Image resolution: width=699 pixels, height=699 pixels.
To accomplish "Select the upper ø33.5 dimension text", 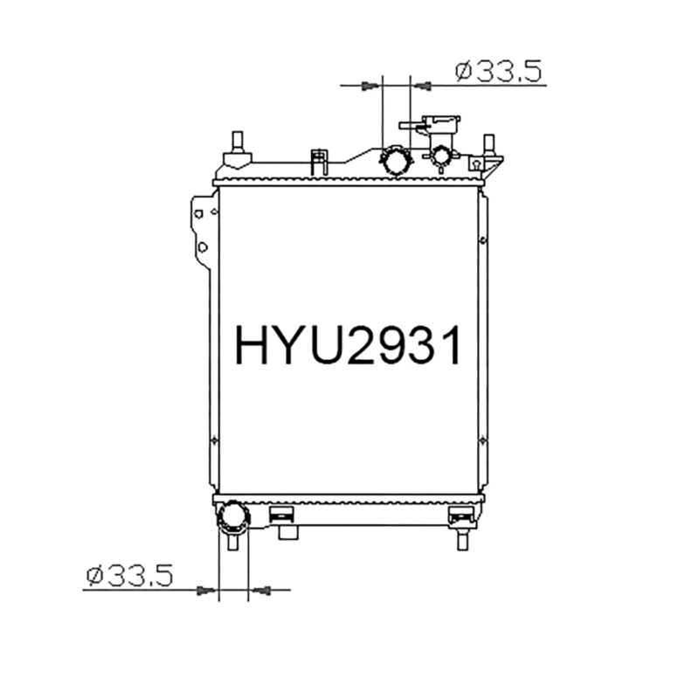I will [x=500, y=71].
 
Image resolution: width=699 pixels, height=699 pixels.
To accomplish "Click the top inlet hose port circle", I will [x=397, y=161].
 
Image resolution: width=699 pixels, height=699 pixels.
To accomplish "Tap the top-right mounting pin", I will [x=489, y=145].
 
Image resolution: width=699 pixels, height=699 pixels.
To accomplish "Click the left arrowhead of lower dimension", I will [x=207, y=591].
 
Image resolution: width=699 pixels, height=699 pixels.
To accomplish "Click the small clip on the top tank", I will [x=320, y=161].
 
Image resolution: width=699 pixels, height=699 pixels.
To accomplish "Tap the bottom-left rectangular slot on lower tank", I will [x=282, y=515].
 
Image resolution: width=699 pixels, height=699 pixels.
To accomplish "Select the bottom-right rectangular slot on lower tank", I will [x=459, y=515].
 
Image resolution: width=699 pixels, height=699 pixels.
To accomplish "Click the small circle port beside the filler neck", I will [x=442, y=157].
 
